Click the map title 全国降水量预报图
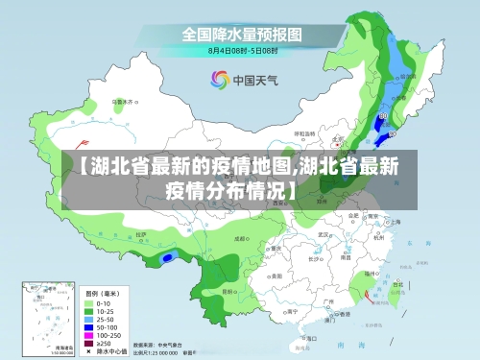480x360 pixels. click(242, 33)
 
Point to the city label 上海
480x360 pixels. click(396, 222)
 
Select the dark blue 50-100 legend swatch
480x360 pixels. click(88, 325)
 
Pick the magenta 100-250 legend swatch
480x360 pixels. click(88, 333)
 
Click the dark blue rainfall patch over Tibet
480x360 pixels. click(169, 257)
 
